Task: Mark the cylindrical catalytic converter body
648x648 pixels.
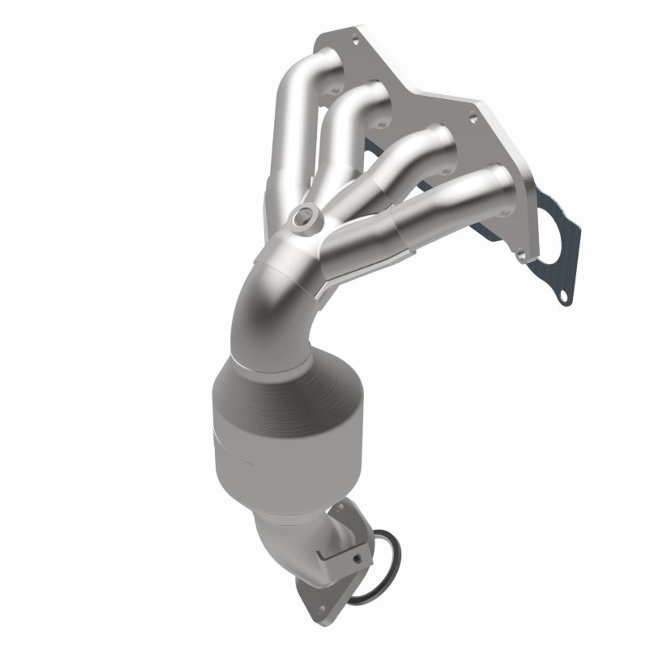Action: pyautogui.click(x=258, y=435)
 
